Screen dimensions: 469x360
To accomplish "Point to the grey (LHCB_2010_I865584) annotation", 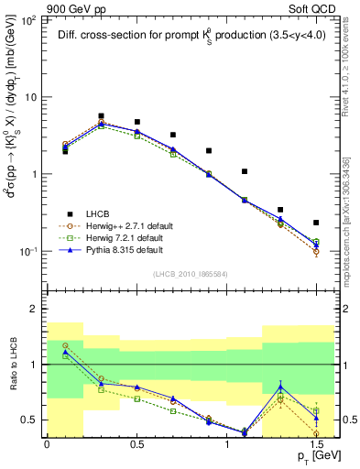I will click(x=190, y=273).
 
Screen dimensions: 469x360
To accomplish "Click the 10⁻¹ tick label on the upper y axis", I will click(x=29, y=251).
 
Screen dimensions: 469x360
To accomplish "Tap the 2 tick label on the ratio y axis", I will click(x=35, y=310).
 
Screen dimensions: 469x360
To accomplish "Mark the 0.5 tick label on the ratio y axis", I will click(x=31, y=420).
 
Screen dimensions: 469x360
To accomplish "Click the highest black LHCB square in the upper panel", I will click(x=101, y=116).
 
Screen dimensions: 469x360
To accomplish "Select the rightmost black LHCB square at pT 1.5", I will click(x=315, y=223).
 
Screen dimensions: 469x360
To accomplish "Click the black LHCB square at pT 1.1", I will click(x=244, y=171).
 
